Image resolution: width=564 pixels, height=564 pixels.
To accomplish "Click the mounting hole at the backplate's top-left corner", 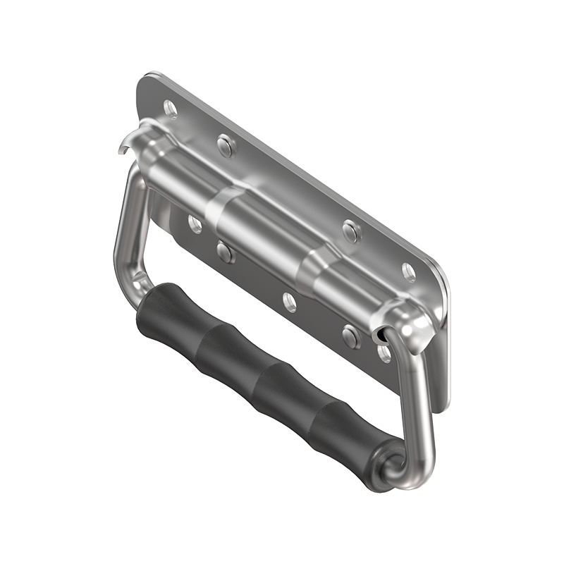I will click(170, 108).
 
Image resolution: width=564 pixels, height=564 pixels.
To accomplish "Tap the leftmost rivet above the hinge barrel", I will click(226, 145).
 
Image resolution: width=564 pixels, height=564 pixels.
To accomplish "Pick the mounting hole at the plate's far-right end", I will click(409, 271).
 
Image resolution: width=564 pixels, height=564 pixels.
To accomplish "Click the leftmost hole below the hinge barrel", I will click(195, 224).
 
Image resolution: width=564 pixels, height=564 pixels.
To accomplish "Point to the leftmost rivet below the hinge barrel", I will click(224, 251).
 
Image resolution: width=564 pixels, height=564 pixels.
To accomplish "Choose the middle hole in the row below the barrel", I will click(290, 302).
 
